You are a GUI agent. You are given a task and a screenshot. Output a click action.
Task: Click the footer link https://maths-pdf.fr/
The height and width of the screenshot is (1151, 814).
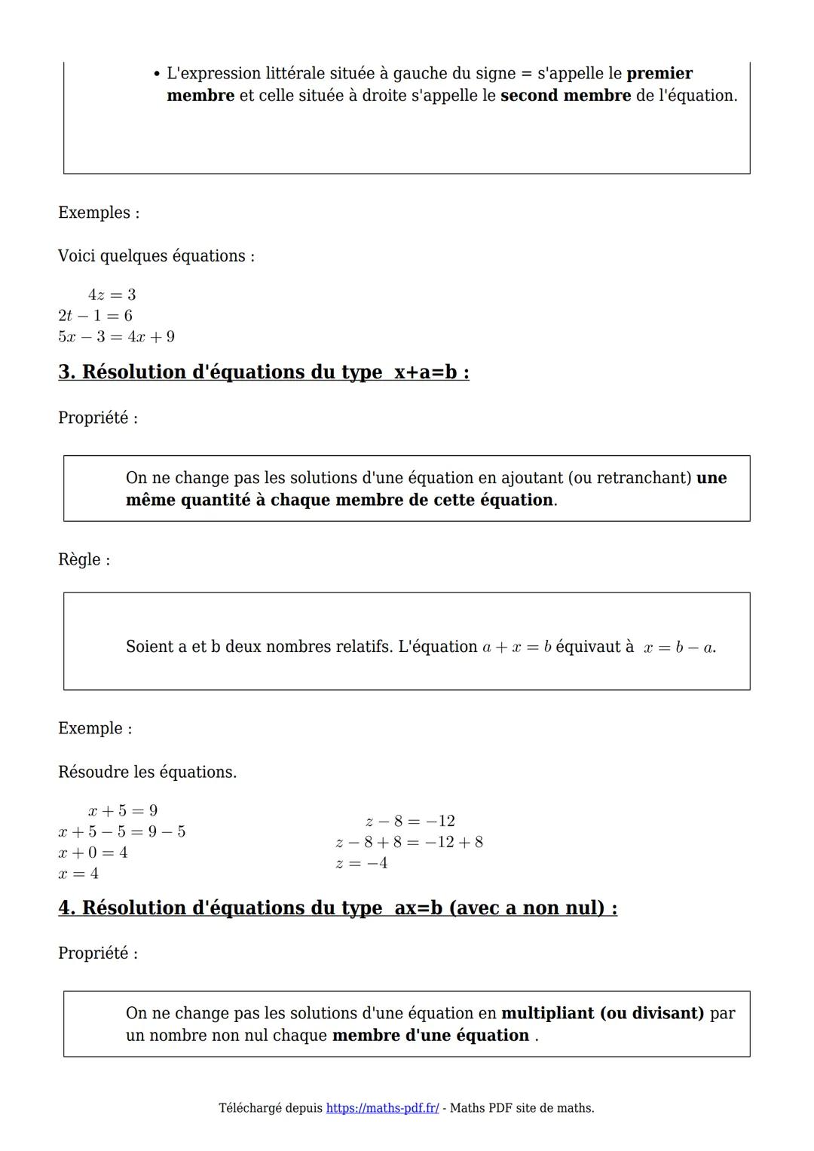[x=382, y=1108]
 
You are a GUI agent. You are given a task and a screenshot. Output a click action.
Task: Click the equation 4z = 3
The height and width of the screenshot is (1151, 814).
[x=112, y=295]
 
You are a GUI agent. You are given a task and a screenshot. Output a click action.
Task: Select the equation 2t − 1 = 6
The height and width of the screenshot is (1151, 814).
[x=95, y=316]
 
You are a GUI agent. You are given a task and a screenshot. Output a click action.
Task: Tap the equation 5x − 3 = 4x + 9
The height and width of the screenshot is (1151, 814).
[x=116, y=337]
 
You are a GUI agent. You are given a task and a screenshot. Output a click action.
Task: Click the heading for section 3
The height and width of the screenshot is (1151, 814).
[x=264, y=372]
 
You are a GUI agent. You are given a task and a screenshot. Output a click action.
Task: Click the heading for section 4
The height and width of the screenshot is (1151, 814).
[x=338, y=908]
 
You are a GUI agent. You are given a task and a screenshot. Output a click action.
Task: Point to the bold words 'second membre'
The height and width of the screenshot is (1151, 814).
[x=565, y=96]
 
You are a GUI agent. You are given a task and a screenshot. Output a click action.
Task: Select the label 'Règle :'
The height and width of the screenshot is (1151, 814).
[x=84, y=560]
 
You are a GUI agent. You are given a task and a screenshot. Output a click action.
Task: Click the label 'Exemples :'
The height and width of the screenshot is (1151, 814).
[x=99, y=213]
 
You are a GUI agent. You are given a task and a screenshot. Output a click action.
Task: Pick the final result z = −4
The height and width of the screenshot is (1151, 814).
[x=362, y=863]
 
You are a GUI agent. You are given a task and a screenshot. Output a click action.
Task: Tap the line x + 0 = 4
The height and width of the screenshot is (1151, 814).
[x=93, y=853]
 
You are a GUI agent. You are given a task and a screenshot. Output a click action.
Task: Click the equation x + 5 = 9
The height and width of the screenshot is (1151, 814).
[x=122, y=811]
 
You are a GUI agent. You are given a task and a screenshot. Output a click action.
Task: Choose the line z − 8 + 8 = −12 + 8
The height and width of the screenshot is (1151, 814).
[x=409, y=842]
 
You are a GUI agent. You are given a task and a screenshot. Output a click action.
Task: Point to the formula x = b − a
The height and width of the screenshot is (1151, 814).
[x=679, y=647]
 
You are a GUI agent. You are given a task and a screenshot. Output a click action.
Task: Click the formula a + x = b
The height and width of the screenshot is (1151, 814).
[x=517, y=647]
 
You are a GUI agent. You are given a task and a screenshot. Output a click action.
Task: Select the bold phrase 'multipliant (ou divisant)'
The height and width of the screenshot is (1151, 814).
[x=602, y=1013]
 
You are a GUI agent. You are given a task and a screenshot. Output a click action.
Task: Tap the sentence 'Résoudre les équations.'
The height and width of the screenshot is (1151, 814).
[x=147, y=773]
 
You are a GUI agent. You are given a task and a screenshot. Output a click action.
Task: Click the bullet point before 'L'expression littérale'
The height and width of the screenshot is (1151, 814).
[x=156, y=74]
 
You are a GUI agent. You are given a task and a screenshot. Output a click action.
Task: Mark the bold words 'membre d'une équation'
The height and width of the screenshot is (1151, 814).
[x=430, y=1036]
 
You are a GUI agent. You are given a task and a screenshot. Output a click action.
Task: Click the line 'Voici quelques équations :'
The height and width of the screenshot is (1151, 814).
[x=156, y=256]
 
